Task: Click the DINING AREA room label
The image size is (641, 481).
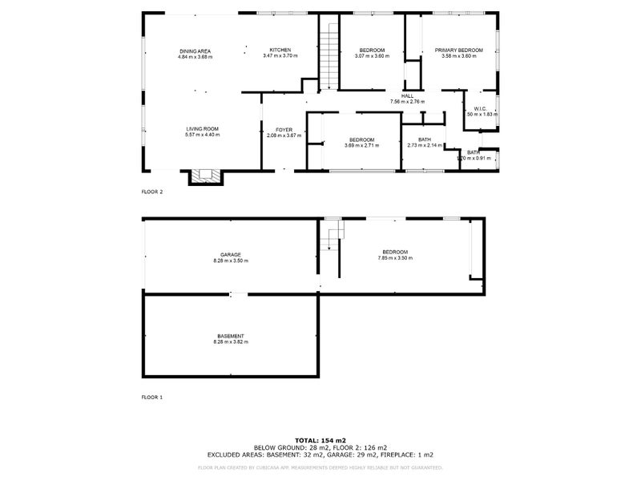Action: pyautogui.click(x=195, y=51)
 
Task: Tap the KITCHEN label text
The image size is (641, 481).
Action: pyautogui.click(x=280, y=50)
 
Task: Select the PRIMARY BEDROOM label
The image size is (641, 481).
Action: pyautogui.click(x=459, y=50)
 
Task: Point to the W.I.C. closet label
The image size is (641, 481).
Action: pyautogui.click(x=481, y=109)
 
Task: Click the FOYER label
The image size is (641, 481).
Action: pyautogui.click(x=284, y=130)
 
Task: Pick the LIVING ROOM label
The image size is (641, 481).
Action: pyautogui.click(x=202, y=129)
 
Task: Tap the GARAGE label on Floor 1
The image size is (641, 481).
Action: pyautogui.click(x=231, y=255)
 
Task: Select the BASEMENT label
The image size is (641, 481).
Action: pyautogui.click(x=231, y=336)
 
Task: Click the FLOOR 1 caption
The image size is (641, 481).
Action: pyautogui.click(x=152, y=397)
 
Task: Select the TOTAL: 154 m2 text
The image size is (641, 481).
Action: pyautogui.click(x=320, y=440)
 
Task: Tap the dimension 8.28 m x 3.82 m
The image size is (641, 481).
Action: pyautogui.click(x=231, y=342)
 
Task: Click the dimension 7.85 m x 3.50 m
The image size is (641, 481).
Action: pyautogui.click(x=395, y=258)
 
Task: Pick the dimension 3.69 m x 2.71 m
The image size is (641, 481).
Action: pyautogui.click(x=361, y=146)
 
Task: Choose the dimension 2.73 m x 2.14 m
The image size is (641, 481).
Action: pyautogui.click(x=425, y=145)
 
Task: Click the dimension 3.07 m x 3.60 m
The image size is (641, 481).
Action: pyautogui.click(x=373, y=56)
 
